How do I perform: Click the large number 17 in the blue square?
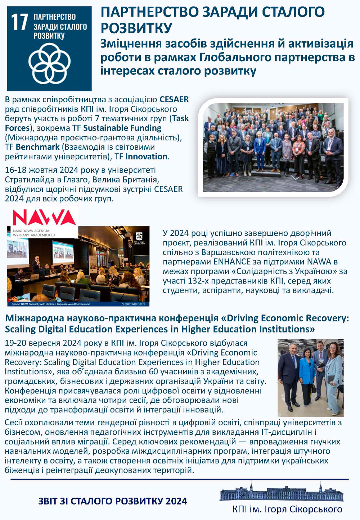pyautogui.click(x=20, y=22)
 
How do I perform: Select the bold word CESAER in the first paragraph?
pyautogui.click(x=174, y=99)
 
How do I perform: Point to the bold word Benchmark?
pyautogui.click(x=37, y=147)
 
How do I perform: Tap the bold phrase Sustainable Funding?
pyautogui.click(x=122, y=128)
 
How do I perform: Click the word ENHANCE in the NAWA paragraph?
pyautogui.click(x=231, y=262)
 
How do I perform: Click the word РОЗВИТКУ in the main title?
pyautogui.click(x=136, y=28)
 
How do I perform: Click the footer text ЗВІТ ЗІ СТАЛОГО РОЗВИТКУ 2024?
pyautogui.click(x=113, y=501)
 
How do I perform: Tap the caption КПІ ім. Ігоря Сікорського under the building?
pyautogui.click(x=287, y=509)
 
